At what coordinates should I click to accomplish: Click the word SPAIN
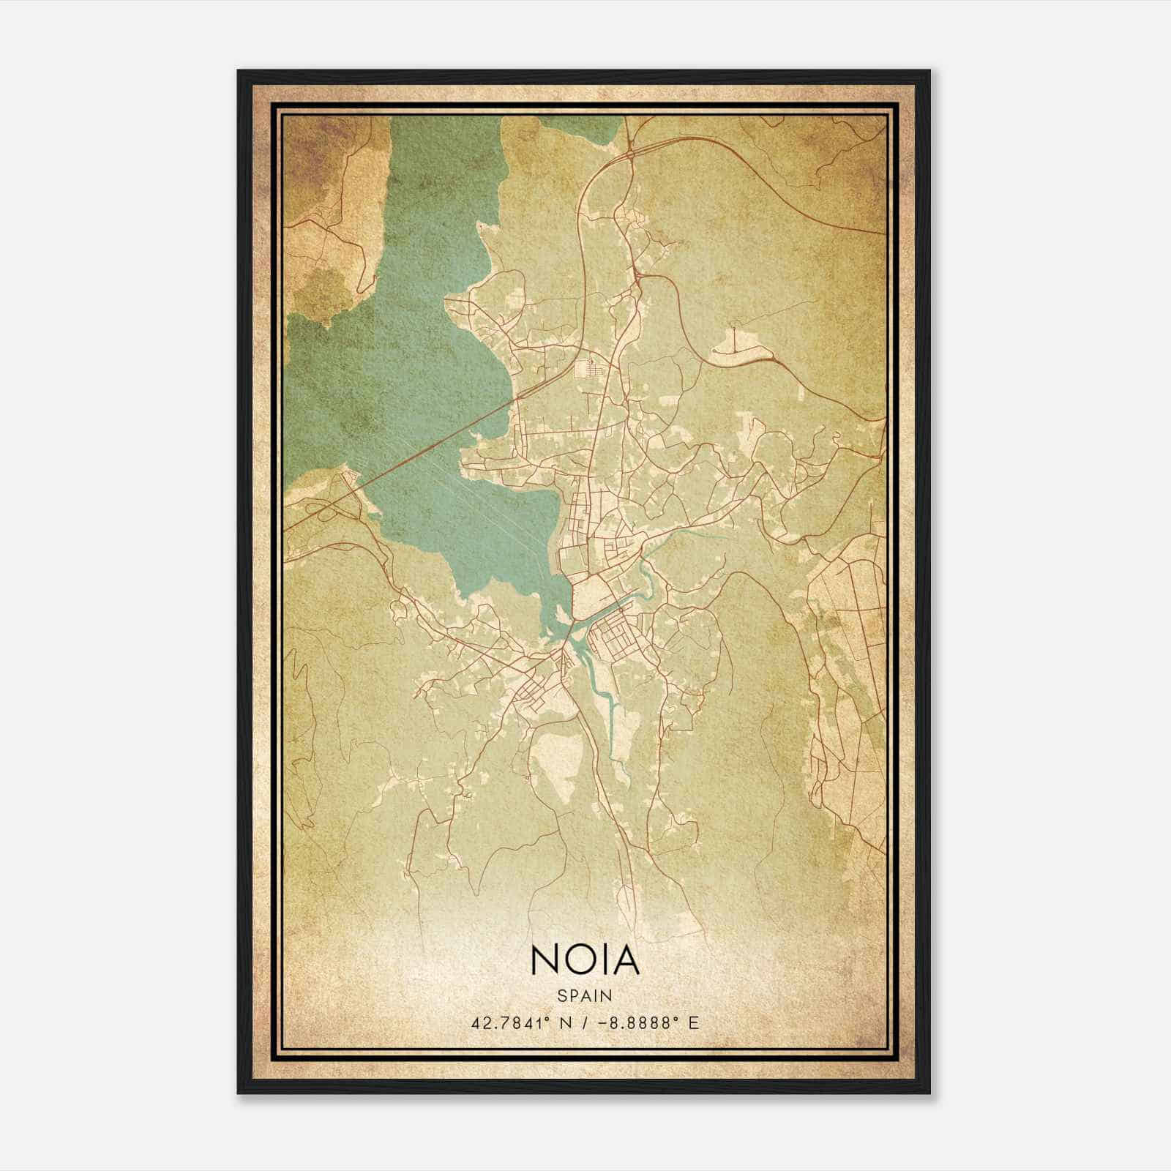coord(584,996)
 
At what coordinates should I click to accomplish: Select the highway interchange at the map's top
coord(629,154)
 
